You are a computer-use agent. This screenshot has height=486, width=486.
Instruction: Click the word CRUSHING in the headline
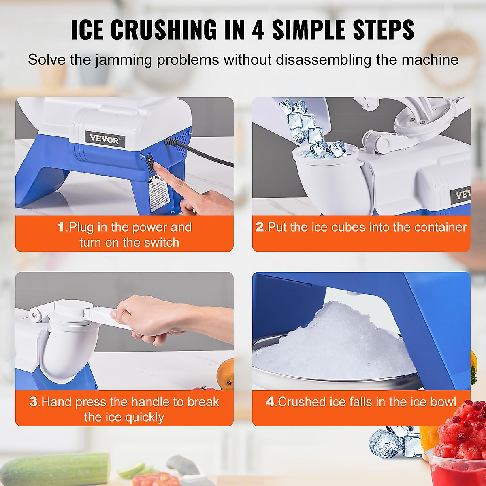164,30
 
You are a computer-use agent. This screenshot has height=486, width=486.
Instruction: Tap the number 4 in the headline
259,30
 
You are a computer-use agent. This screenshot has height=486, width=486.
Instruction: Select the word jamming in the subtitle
124,60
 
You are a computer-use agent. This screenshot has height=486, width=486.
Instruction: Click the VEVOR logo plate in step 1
104,139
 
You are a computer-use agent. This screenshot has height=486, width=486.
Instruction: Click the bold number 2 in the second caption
259,227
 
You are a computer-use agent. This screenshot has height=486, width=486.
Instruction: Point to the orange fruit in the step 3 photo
226,374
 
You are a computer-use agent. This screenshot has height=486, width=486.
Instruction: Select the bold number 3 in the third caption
33,402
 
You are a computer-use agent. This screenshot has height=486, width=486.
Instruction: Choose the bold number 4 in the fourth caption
270,402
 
